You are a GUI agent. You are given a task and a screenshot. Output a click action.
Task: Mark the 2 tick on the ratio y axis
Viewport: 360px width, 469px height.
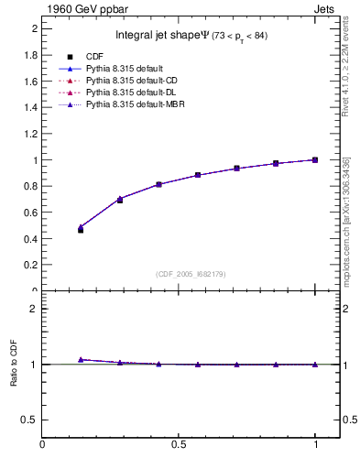click(x=34, y=309)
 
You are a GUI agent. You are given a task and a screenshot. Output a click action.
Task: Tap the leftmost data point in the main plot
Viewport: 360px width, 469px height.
click(x=81, y=229)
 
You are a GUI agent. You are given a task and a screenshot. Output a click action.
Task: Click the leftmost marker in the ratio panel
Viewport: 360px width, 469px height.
click(x=81, y=360)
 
